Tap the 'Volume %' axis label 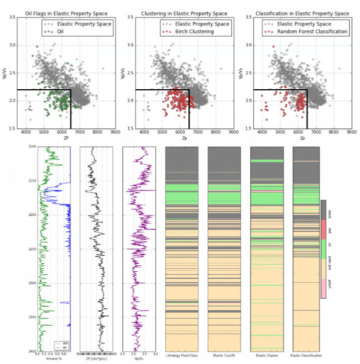click(53, 359)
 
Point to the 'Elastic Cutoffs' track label click(224, 356)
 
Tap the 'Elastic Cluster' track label click(267, 356)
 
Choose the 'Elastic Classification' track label click(306, 356)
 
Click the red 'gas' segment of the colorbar click(324, 229)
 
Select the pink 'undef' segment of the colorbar click(324, 289)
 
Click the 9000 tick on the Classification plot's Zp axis click(352, 133)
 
